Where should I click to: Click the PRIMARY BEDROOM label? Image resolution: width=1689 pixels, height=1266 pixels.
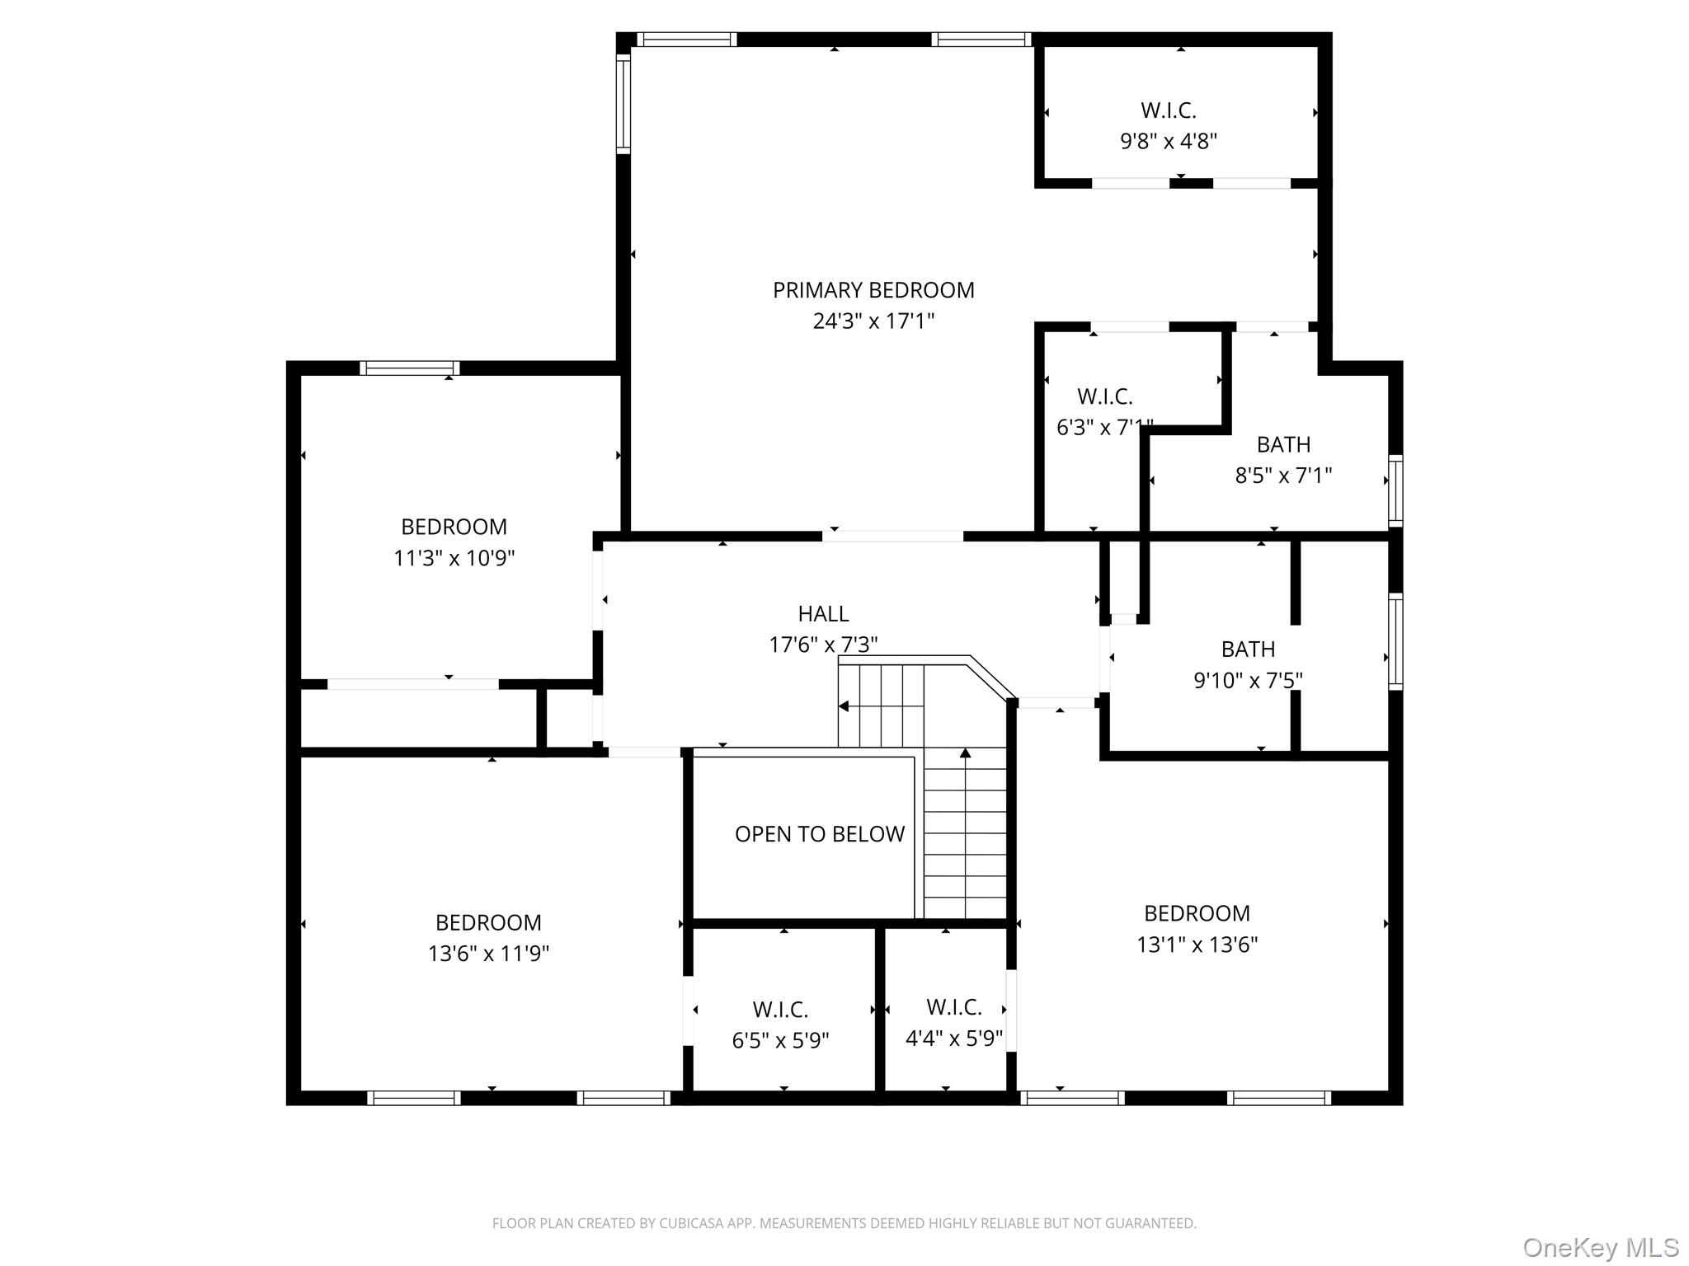(x=873, y=290)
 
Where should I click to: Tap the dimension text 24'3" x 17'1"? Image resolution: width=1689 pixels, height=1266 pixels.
(x=873, y=321)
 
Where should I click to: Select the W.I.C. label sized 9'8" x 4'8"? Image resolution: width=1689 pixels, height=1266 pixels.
(x=1168, y=110)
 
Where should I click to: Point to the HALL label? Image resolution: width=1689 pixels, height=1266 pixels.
(x=823, y=614)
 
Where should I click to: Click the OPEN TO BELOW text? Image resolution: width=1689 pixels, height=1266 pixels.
(x=819, y=834)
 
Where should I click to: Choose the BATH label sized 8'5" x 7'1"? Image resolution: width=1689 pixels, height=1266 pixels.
(x=1283, y=445)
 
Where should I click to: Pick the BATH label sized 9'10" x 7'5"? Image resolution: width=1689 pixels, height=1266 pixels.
(x=1248, y=649)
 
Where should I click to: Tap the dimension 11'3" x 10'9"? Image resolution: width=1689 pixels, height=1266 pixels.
(x=454, y=559)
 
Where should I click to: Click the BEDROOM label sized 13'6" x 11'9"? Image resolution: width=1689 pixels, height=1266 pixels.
(x=488, y=922)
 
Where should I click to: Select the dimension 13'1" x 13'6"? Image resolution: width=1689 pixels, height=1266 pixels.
(x=1197, y=945)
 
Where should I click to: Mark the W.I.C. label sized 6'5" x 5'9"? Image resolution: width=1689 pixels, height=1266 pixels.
(x=780, y=1010)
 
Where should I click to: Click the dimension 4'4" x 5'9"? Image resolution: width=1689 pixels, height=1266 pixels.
(x=953, y=1039)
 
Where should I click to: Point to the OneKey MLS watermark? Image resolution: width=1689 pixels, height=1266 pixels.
(x=1600, y=1248)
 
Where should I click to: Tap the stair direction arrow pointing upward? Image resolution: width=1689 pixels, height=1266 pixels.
(x=965, y=753)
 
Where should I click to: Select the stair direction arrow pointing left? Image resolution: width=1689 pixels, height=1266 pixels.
(x=844, y=706)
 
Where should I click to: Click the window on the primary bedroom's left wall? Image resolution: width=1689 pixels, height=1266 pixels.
(x=623, y=103)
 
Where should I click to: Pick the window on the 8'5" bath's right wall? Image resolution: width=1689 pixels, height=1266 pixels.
(x=1395, y=490)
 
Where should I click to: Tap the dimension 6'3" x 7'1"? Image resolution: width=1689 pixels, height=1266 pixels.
(x=1103, y=428)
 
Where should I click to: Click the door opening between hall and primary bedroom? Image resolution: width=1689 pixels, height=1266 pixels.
(x=892, y=537)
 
